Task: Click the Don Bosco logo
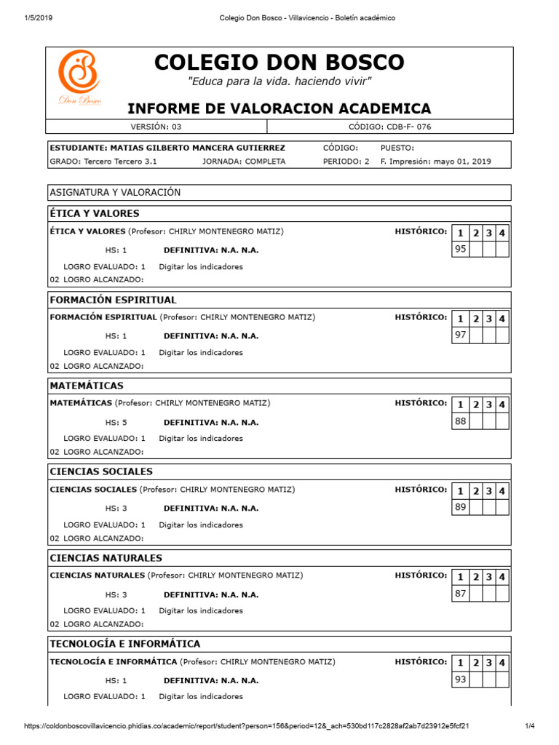[79, 79]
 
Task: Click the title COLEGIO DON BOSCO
[279, 63]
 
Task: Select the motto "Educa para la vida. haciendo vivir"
[279, 81]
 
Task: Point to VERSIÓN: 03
[156, 127]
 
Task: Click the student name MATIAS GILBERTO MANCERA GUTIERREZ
[167, 148]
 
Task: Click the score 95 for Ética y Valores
[460, 249]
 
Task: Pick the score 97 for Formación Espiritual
[460, 335]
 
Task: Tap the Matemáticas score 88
[460, 421]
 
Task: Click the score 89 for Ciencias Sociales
[460, 507]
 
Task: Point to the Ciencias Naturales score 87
[460, 593]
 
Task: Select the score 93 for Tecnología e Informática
[460, 679]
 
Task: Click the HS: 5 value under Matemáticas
[116, 423]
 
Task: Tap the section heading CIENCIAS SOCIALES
[101, 471]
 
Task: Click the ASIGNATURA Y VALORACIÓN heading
[115, 192]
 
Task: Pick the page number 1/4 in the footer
[530, 726]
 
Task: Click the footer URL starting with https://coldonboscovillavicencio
[246, 726]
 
